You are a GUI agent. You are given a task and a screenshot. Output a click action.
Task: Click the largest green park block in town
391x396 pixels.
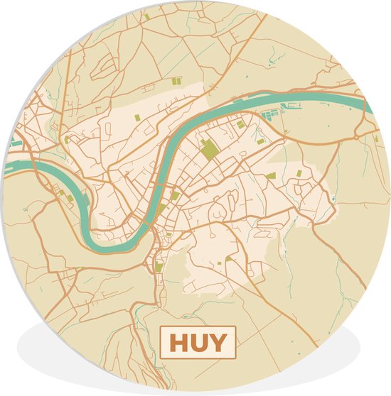click(x=210, y=150)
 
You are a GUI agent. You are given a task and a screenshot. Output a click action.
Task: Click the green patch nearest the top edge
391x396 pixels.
click(x=146, y=16)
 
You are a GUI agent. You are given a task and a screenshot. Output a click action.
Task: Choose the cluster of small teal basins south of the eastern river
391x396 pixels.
click(x=274, y=112)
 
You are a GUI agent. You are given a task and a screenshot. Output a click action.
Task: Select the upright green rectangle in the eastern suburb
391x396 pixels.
click(x=299, y=172)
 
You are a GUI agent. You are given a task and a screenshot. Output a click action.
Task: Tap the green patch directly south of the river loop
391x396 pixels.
click(x=159, y=268)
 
